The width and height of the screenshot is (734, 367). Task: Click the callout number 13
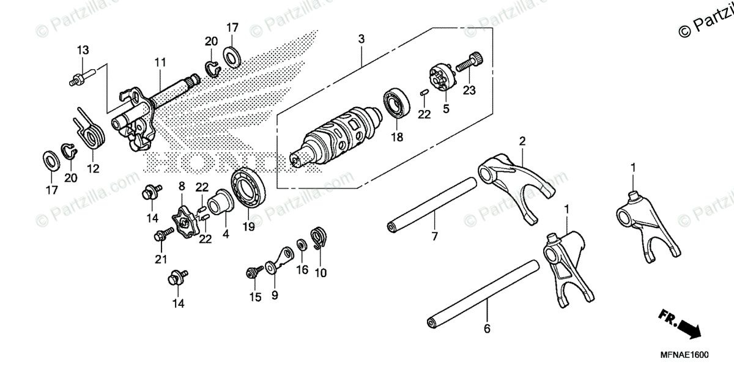tap(83, 50)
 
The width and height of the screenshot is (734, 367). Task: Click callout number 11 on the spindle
tap(160, 62)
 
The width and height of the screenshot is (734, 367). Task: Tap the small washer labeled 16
tap(302, 245)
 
